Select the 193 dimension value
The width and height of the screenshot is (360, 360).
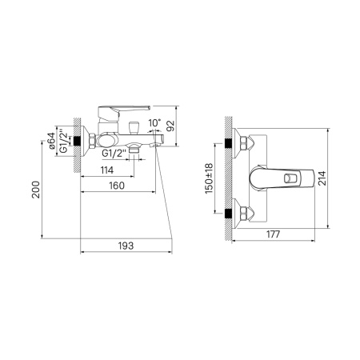(124, 245)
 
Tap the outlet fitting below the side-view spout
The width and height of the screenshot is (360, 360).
(142, 147)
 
